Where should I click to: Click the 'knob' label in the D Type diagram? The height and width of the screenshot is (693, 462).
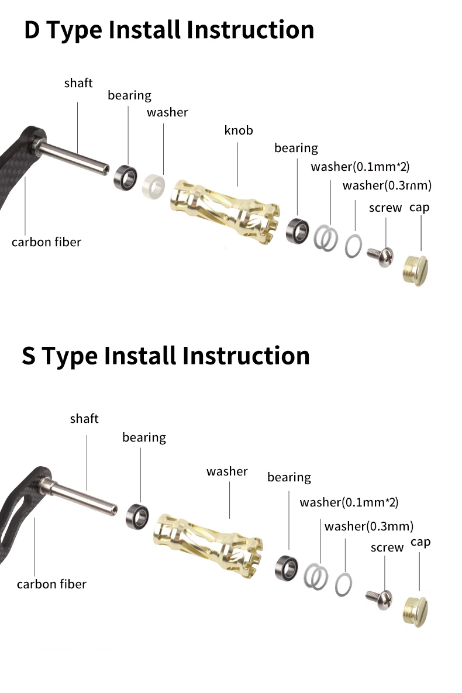point(238,130)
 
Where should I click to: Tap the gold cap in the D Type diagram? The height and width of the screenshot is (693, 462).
point(416,271)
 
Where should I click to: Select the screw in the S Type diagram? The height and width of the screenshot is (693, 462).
point(380,599)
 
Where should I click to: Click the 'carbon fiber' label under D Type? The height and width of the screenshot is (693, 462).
point(46,242)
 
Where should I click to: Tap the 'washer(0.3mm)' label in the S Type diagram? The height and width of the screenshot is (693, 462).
point(369,526)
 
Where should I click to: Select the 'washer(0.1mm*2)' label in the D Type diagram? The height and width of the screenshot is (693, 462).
point(360,167)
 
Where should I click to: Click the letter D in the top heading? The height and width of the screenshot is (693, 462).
point(32,30)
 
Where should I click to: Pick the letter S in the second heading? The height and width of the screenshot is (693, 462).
point(29,356)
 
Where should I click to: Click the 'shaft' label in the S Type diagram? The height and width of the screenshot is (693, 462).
point(84,419)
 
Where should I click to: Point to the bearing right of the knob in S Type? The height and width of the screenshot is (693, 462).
point(287,568)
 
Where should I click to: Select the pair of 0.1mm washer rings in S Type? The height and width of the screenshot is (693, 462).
point(316,577)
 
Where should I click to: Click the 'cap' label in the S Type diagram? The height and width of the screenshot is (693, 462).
point(420,542)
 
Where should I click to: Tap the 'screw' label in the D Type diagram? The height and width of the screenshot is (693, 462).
point(385,208)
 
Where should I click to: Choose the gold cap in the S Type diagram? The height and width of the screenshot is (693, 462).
point(416,612)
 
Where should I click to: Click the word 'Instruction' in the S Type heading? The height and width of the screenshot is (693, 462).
point(246,356)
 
